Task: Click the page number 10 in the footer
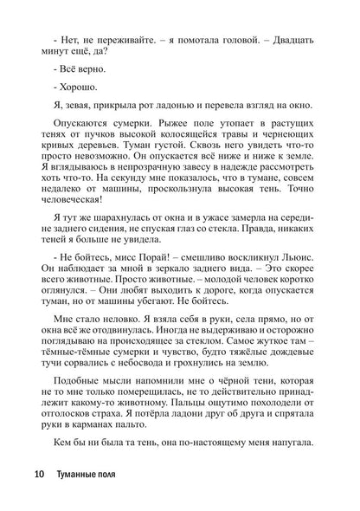click(40, 475)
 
